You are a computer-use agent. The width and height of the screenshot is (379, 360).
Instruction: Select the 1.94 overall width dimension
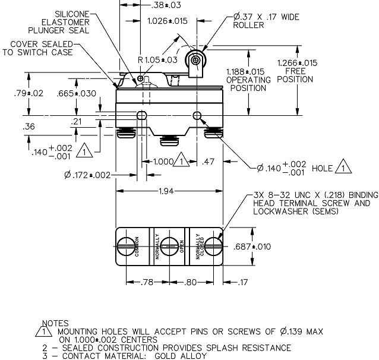coord(166,191)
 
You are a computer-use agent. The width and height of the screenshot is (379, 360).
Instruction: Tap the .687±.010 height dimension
coord(252,247)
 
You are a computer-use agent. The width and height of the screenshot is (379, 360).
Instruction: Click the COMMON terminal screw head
coord(126,247)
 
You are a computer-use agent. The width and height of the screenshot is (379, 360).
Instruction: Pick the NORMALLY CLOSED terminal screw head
coord(213,247)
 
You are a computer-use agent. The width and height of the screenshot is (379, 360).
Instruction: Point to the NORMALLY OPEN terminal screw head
coord(169,247)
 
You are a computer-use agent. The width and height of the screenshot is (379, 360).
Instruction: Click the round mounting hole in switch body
coord(197,116)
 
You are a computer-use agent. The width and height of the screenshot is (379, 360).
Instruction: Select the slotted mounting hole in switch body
coord(141,116)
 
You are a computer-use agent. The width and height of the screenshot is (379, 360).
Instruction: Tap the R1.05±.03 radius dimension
coord(157,60)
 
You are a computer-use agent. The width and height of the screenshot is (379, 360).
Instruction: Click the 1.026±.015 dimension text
coord(168,21)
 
